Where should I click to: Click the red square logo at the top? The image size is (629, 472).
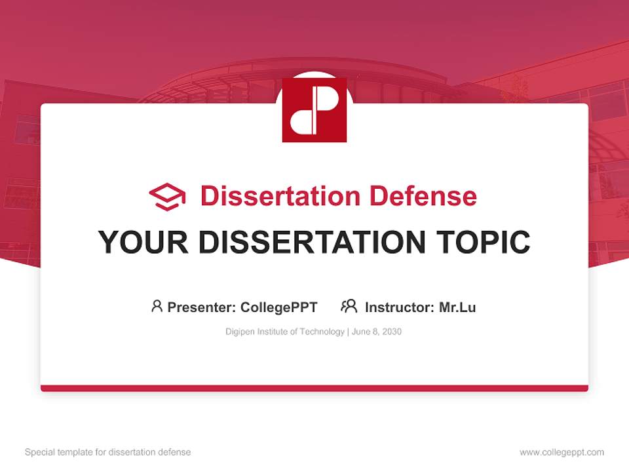pyautogui.click(x=314, y=110)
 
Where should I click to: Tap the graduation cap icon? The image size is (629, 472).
pyautogui.click(x=167, y=197)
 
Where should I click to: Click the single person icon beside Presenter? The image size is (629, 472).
pyautogui.click(x=157, y=306)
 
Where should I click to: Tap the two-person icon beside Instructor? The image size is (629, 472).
pyautogui.click(x=349, y=306)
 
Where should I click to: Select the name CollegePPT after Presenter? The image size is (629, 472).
pyautogui.click(x=279, y=307)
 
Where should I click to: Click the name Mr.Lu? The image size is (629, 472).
pyautogui.click(x=457, y=307)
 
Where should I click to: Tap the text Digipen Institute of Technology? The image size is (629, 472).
pyautogui.click(x=285, y=332)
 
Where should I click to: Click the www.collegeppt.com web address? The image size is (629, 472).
pyautogui.click(x=562, y=452)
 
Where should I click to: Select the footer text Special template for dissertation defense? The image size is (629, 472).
pyautogui.click(x=108, y=452)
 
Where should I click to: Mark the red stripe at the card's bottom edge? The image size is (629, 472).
pyautogui.click(x=314, y=388)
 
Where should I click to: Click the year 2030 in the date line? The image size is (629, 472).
pyautogui.click(x=391, y=332)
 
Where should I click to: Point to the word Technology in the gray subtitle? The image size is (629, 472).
pyautogui.click(x=322, y=332)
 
